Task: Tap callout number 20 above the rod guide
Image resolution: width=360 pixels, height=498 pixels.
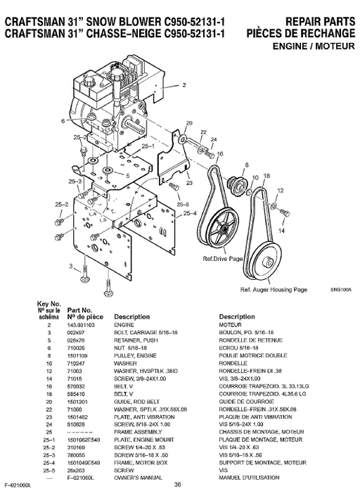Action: (x=188, y=124)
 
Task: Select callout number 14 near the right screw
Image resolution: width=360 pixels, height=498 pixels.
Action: (x=282, y=229)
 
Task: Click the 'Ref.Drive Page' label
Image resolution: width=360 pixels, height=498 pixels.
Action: (x=222, y=259)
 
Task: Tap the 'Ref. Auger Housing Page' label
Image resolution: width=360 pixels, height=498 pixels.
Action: (x=274, y=289)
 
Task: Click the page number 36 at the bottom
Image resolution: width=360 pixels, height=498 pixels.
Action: (x=178, y=483)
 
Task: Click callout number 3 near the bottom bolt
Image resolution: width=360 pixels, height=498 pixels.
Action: (x=70, y=265)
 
